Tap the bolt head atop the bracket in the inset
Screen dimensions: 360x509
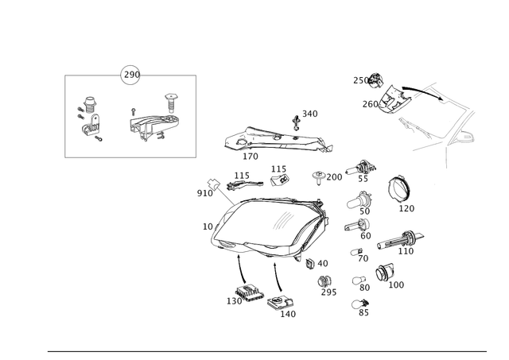[x=170, y=99]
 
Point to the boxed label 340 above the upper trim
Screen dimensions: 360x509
[x=309, y=114]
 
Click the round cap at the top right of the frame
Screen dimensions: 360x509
[x=375, y=78]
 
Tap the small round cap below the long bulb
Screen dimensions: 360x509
[x=382, y=273]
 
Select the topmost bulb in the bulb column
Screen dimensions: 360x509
[x=365, y=166]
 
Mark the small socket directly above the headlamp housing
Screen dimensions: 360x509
[x=277, y=175]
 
